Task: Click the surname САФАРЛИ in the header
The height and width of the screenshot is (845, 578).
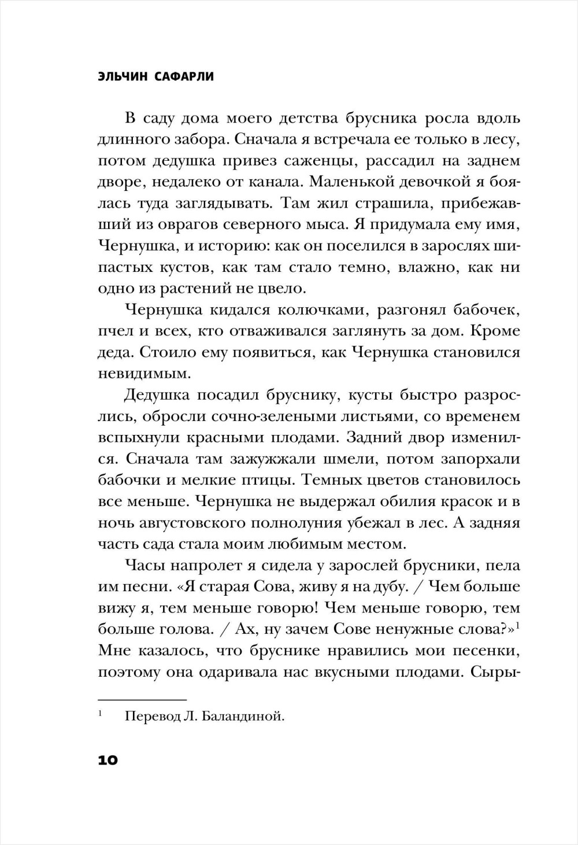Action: pos(184,76)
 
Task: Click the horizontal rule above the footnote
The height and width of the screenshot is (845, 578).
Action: pos(143,699)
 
